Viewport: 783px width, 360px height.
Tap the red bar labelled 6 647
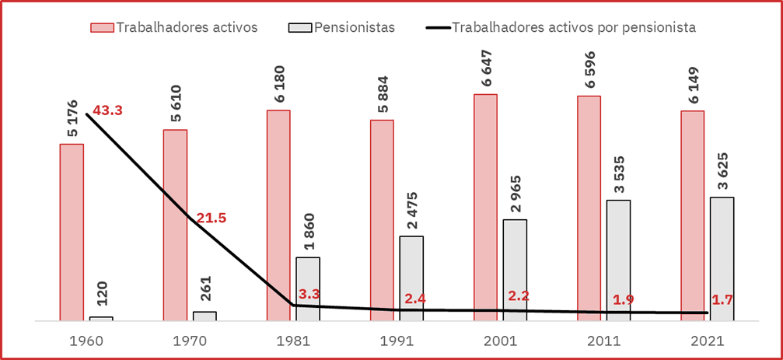486,207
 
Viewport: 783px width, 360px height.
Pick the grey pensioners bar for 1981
308,288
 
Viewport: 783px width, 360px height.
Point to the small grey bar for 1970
204,316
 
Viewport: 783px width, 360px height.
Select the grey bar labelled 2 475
411,278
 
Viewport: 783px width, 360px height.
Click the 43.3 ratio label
108,110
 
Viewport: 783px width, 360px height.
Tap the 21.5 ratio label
211,218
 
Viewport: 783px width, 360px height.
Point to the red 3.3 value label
309,295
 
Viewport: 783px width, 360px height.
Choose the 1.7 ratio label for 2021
723,299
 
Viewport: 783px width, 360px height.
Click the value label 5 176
72,118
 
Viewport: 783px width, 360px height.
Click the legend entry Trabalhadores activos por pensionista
574,27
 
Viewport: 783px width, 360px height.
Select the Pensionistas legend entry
355,27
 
